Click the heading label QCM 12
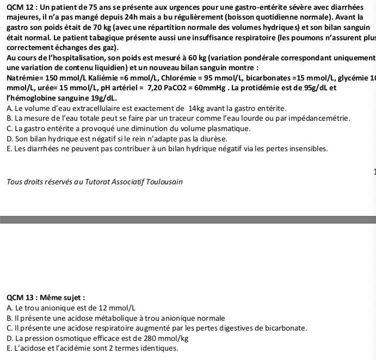[x=16, y=7]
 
